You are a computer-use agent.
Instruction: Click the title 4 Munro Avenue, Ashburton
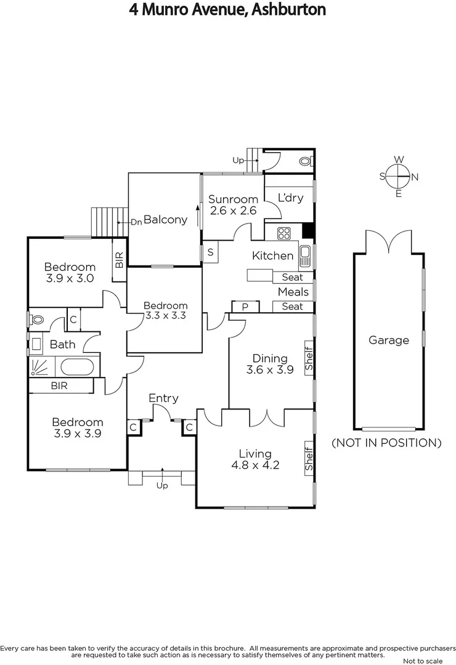point(227,9)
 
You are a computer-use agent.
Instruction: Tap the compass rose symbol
point(399,177)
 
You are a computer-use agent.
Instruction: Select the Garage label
point(388,340)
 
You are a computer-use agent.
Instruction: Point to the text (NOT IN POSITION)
point(386,443)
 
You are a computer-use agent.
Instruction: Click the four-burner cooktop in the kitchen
point(284,233)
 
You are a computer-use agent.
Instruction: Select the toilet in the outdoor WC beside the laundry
point(305,161)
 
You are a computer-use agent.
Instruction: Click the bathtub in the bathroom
point(77,368)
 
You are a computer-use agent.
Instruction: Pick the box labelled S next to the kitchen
point(210,252)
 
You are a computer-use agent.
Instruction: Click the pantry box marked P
point(245,306)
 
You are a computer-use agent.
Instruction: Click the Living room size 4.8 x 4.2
point(255,465)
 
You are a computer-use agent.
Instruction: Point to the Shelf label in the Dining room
point(309,358)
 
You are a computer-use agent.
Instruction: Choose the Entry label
point(163,398)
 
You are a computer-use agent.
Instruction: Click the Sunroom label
point(232,199)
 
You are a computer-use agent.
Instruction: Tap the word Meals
point(293,292)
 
